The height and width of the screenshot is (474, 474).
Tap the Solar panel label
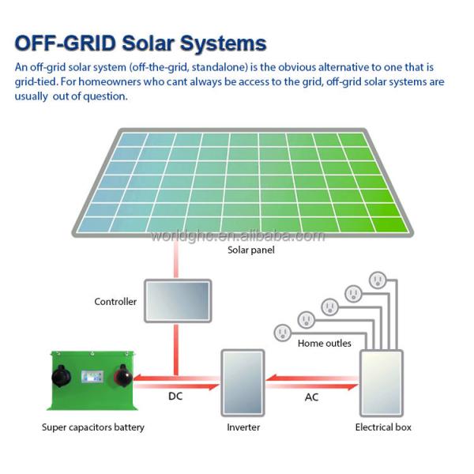(249, 250)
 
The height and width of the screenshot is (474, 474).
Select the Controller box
(176, 300)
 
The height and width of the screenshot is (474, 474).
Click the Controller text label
(115, 302)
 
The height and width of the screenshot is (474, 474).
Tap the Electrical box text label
(382, 427)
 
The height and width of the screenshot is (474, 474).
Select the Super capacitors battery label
(93, 427)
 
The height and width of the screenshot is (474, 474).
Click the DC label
(175, 397)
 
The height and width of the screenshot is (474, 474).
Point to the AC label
(312, 397)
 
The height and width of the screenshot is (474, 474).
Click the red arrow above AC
(311, 379)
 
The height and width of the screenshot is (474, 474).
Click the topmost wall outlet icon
(377, 280)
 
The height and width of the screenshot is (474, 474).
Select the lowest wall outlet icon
(282, 332)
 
